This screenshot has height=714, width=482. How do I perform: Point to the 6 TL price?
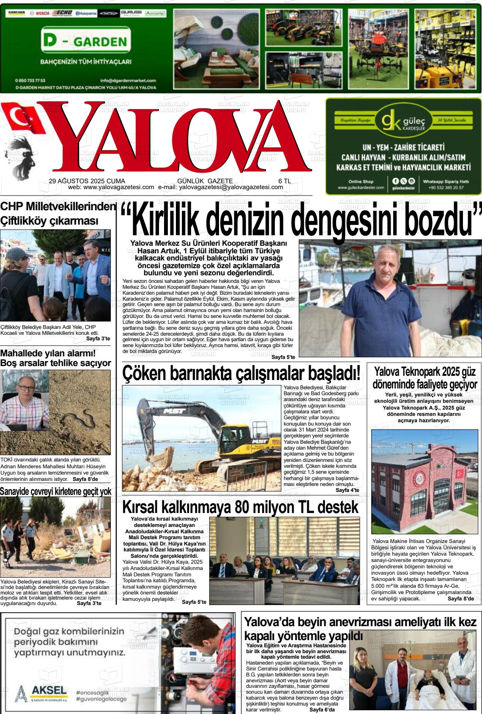click(x=285, y=181)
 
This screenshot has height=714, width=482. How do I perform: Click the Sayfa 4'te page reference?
click(x=347, y=490)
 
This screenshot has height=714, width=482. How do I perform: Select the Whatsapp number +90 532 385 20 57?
click(x=446, y=187)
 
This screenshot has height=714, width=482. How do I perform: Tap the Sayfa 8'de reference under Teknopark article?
click(x=460, y=598)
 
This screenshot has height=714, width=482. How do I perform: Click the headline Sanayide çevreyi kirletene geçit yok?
click(x=56, y=491)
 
